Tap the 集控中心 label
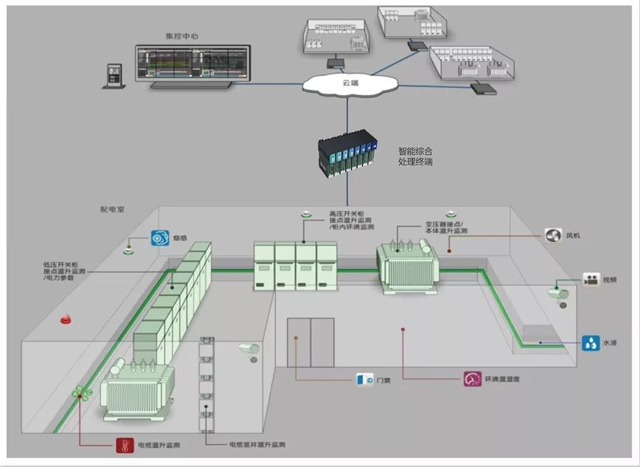[x=183, y=35]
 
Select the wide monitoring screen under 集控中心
[x=192, y=66]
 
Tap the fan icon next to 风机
[x=553, y=235]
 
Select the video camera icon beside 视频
[x=591, y=280]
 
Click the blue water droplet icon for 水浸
[x=591, y=342]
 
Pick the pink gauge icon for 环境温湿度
[x=472, y=379]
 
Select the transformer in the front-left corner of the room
[x=138, y=391]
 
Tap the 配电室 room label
[x=113, y=210]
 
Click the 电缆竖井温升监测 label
[x=257, y=445]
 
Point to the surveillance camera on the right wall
[x=558, y=293]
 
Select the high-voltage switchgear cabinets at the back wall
[x=295, y=265]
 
